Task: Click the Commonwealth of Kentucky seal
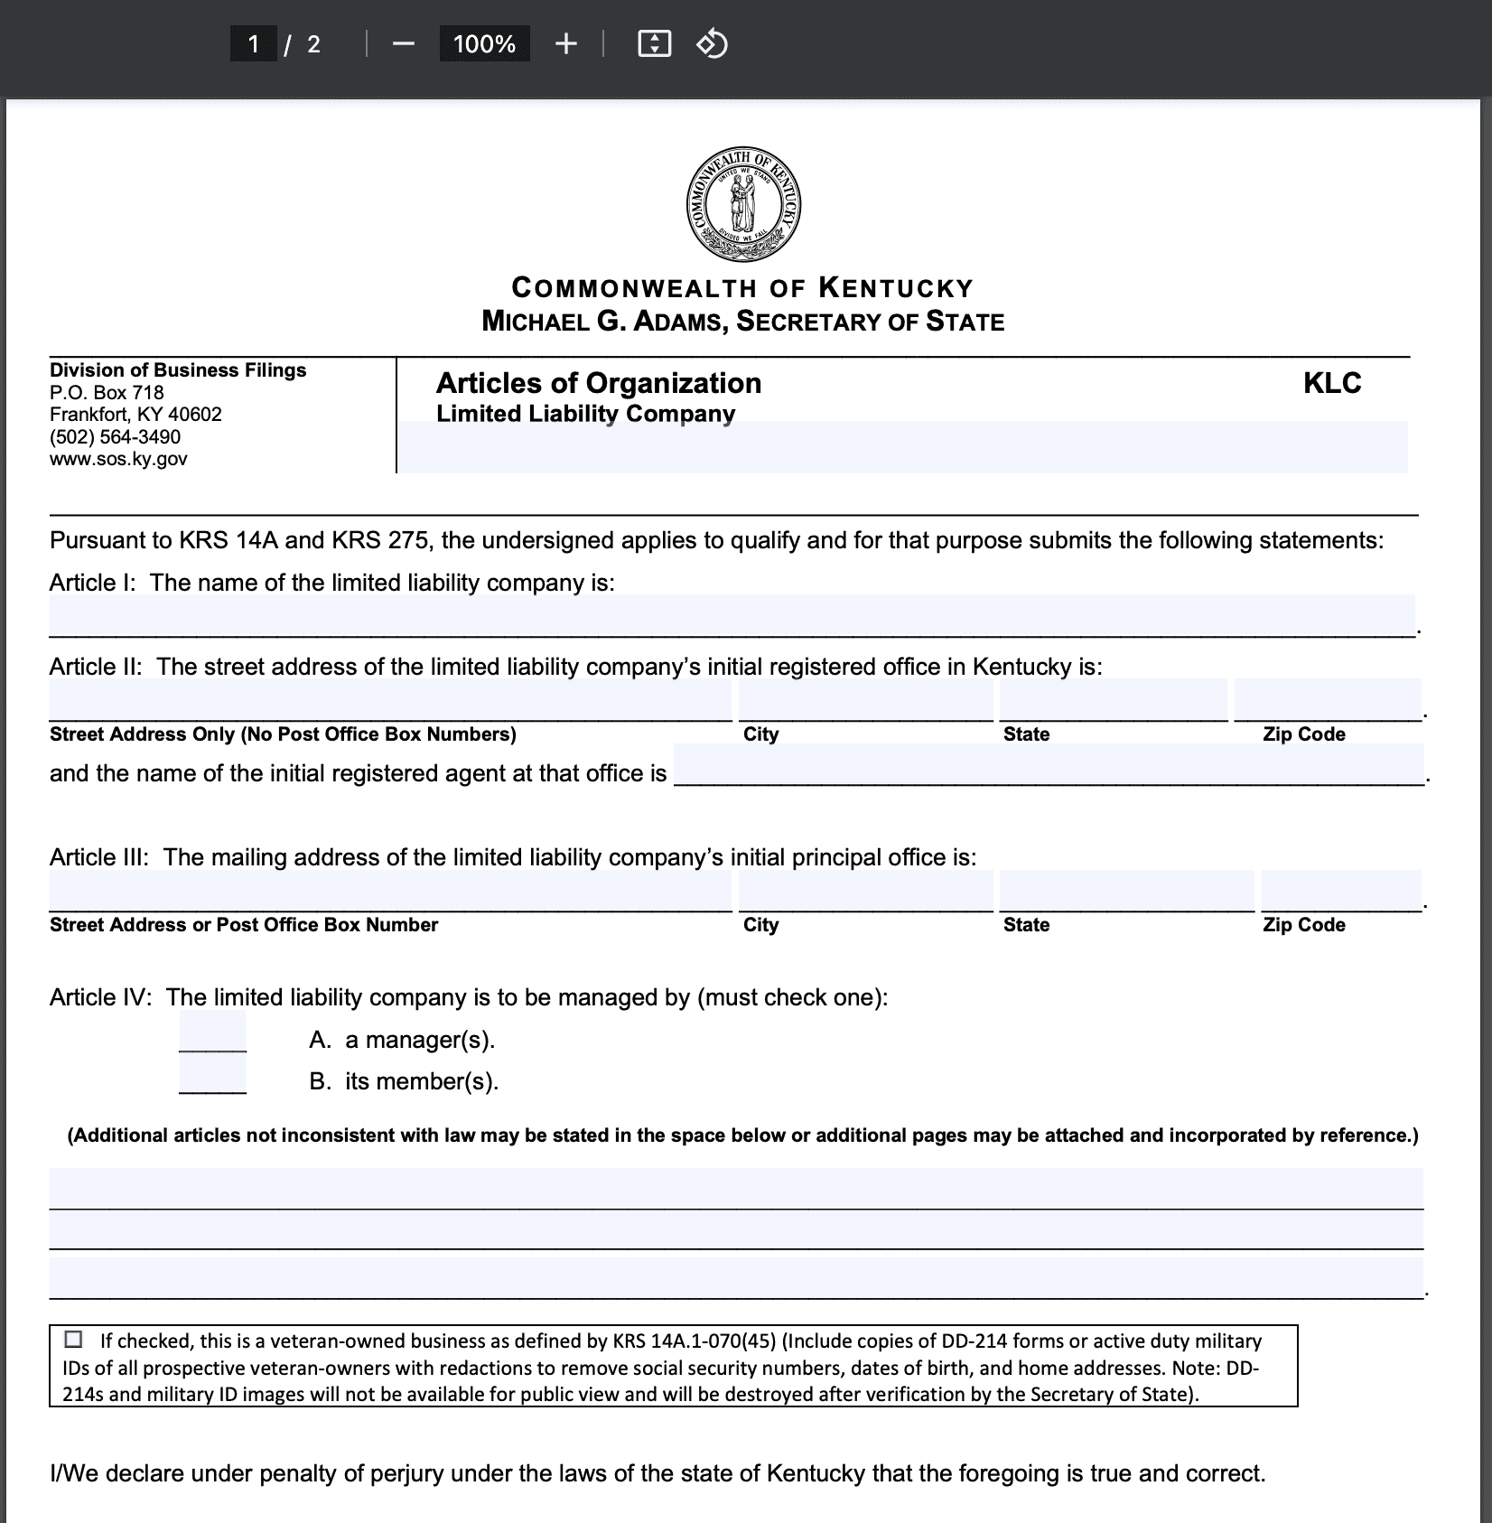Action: pyautogui.click(x=743, y=203)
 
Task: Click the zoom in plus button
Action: pyautogui.click(x=566, y=43)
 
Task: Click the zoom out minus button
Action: pyautogui.click(x=404, y=43)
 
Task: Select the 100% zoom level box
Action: pyautogui.click(x=484, y=43)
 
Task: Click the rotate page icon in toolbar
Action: pyautogui.click(x=713, y=43)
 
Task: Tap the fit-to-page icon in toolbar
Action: pyautogui.click(x=654, y=43)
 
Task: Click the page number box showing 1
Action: pyautogui.click(x=254, y=43)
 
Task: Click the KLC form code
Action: pyautogui.click(x=1332, y=383)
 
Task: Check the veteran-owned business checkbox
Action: pyautogui.click(x=73, y=1339)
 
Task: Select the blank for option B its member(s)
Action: pyautogui.click(x=212, y=1075)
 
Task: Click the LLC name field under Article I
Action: pyautogui.click(x=732, y=615)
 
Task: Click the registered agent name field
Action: pyautogui.click(x=1048, y=765)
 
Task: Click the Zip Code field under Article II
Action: pyautogui.click(x=1327, y=700)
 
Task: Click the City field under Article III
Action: pyautogui.click(x=865, y=891)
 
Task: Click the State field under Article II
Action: pyautogui.click(x=1113, y=700)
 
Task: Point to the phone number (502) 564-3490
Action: pyautogui.click(x=115, y=437)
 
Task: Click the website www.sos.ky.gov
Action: pyautogui.click(x=118, y=459)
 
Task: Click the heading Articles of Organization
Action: pyautogui.click(x=599, y=383)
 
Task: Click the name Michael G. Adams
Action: pyautogui.click(x=604, y=322)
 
